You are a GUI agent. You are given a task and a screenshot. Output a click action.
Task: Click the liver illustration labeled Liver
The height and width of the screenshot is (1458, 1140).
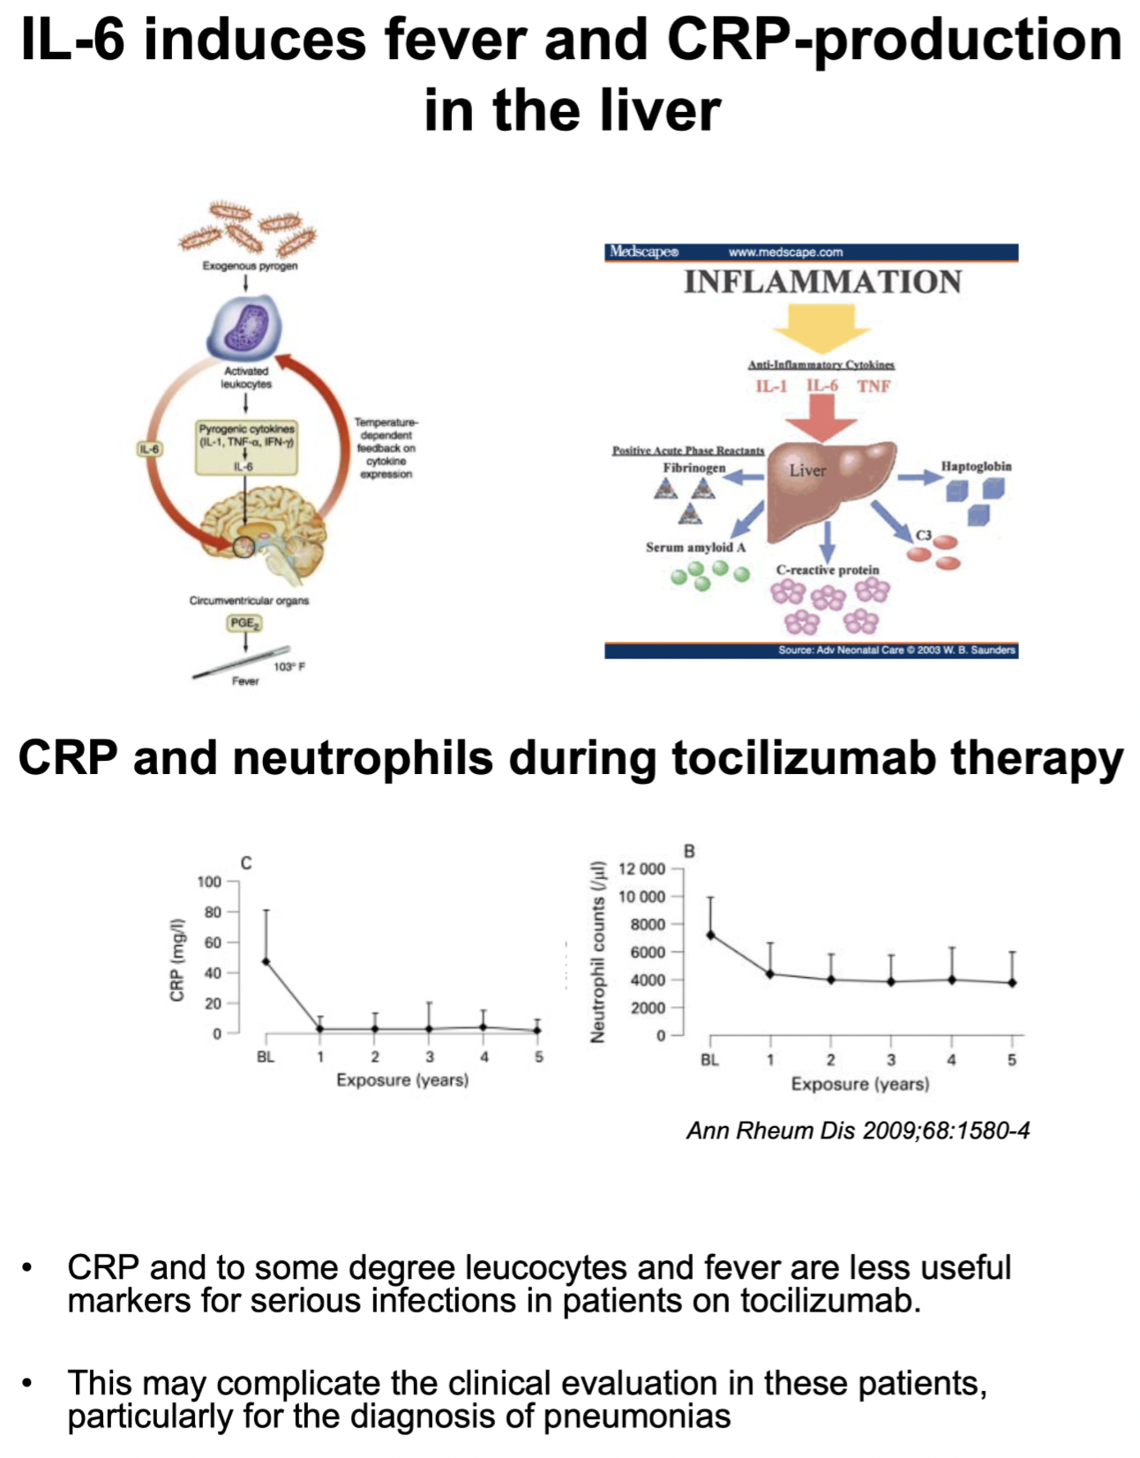[825, 481]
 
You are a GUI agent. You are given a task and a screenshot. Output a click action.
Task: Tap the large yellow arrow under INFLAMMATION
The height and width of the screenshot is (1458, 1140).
[822, 327]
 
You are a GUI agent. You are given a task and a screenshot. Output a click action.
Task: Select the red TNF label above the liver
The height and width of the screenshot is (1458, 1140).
[874, 386]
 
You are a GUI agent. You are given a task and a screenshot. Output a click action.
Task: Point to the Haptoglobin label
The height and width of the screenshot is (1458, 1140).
[976, 466]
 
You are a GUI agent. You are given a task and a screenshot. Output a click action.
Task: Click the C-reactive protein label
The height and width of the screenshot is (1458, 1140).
[828, 570]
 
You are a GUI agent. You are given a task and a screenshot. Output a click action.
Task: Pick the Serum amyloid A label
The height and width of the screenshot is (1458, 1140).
[695, 547]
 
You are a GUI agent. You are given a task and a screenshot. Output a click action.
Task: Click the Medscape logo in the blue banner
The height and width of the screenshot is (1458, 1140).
[644, 252]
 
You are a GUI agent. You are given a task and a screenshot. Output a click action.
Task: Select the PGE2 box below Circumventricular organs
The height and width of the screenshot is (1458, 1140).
[244, 623]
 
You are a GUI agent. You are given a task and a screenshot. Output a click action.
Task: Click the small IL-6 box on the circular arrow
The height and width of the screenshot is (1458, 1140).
[150, 449]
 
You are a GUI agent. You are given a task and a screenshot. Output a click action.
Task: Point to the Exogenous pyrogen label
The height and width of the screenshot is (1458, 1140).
[250, 266]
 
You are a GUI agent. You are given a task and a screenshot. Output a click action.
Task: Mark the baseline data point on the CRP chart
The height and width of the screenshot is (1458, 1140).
[266, 961]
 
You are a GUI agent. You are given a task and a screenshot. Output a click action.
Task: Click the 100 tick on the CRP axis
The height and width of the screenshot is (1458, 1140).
[210, 882]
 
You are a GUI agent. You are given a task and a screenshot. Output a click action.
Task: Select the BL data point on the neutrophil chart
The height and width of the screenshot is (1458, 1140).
[710, 935]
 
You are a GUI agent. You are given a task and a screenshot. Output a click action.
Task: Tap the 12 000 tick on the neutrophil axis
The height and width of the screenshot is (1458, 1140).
[642, 868]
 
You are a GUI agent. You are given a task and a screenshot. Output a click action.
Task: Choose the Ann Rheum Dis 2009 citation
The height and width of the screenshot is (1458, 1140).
[858, 1131]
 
